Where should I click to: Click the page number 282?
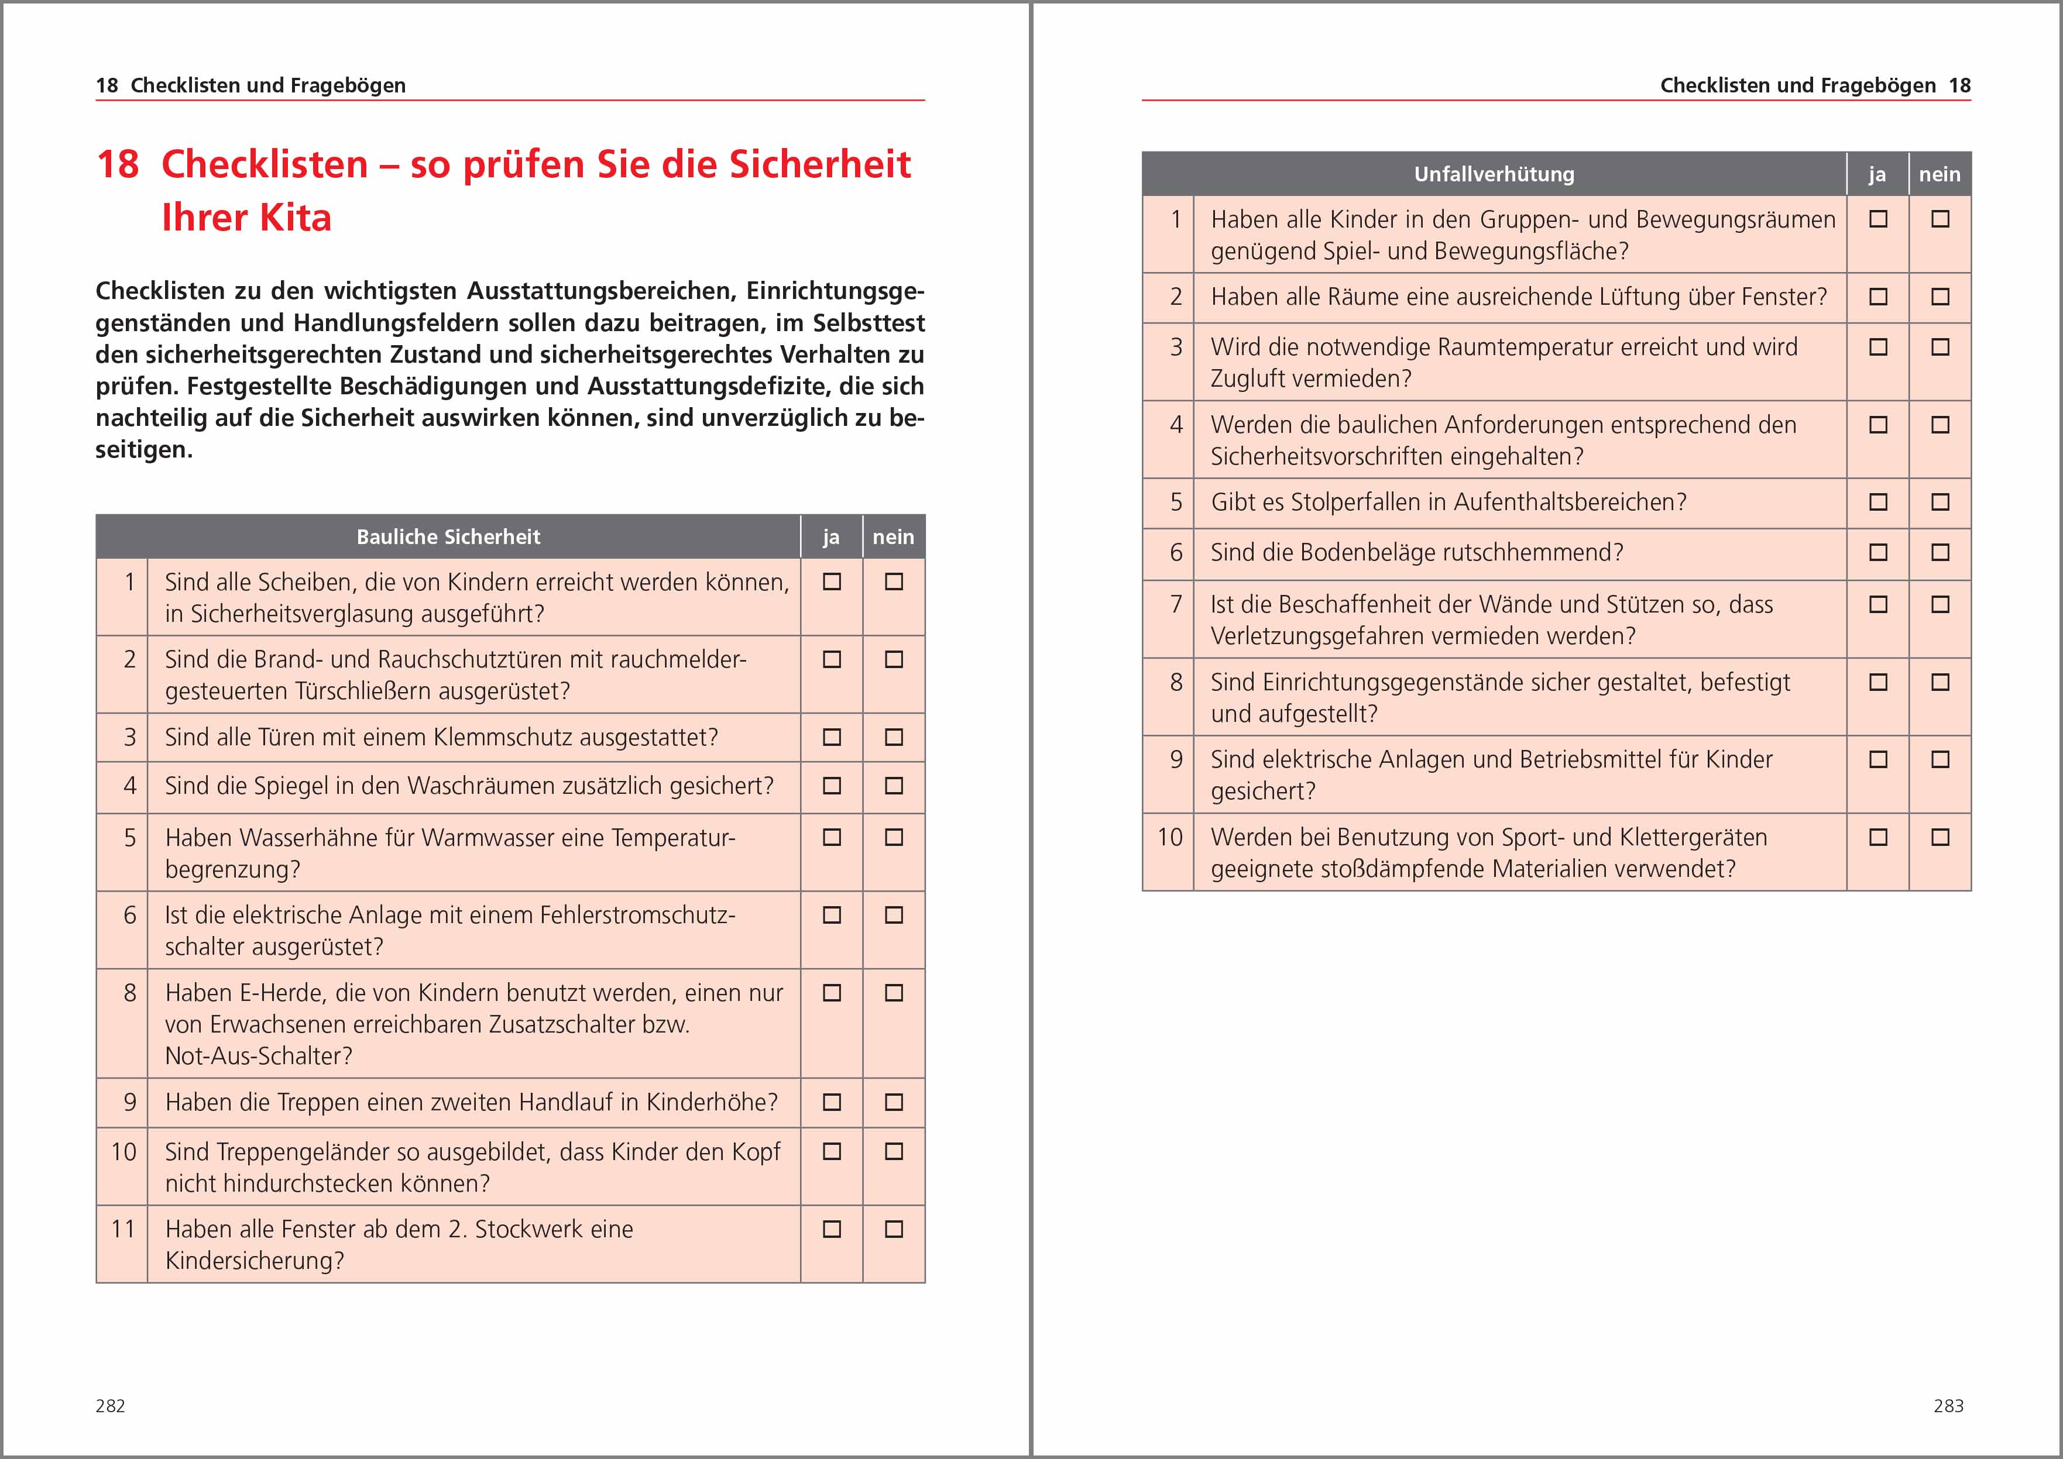111,1406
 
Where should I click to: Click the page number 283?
1948,1406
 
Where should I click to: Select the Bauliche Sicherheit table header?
448,537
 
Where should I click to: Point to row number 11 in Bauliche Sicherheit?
123,1229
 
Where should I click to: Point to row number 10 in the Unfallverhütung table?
1169,837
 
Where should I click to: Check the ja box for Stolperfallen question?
1878,502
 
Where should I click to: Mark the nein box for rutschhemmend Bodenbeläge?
1941,552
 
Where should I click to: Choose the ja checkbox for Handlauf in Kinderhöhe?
832,1102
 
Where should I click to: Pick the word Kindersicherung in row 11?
254,1261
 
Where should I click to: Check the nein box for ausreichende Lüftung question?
1941,297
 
